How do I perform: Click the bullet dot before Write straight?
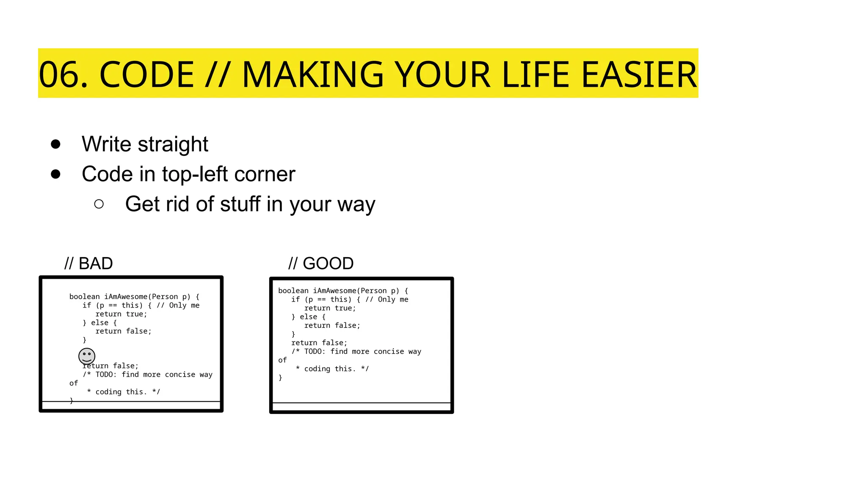pos(55,144)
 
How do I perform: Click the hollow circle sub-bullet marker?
pos(99,204)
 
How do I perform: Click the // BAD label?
pos(88,263)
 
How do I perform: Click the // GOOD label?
pos(321,263)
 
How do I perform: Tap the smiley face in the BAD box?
pos(87,356)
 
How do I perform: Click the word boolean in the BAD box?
pos(84,297)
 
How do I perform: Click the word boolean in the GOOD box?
pos(293,291)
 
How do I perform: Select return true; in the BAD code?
pos(121,314)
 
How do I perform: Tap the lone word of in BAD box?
pos(74,383)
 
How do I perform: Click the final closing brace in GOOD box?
pos(280,377)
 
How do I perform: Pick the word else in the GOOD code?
pos(308,317)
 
